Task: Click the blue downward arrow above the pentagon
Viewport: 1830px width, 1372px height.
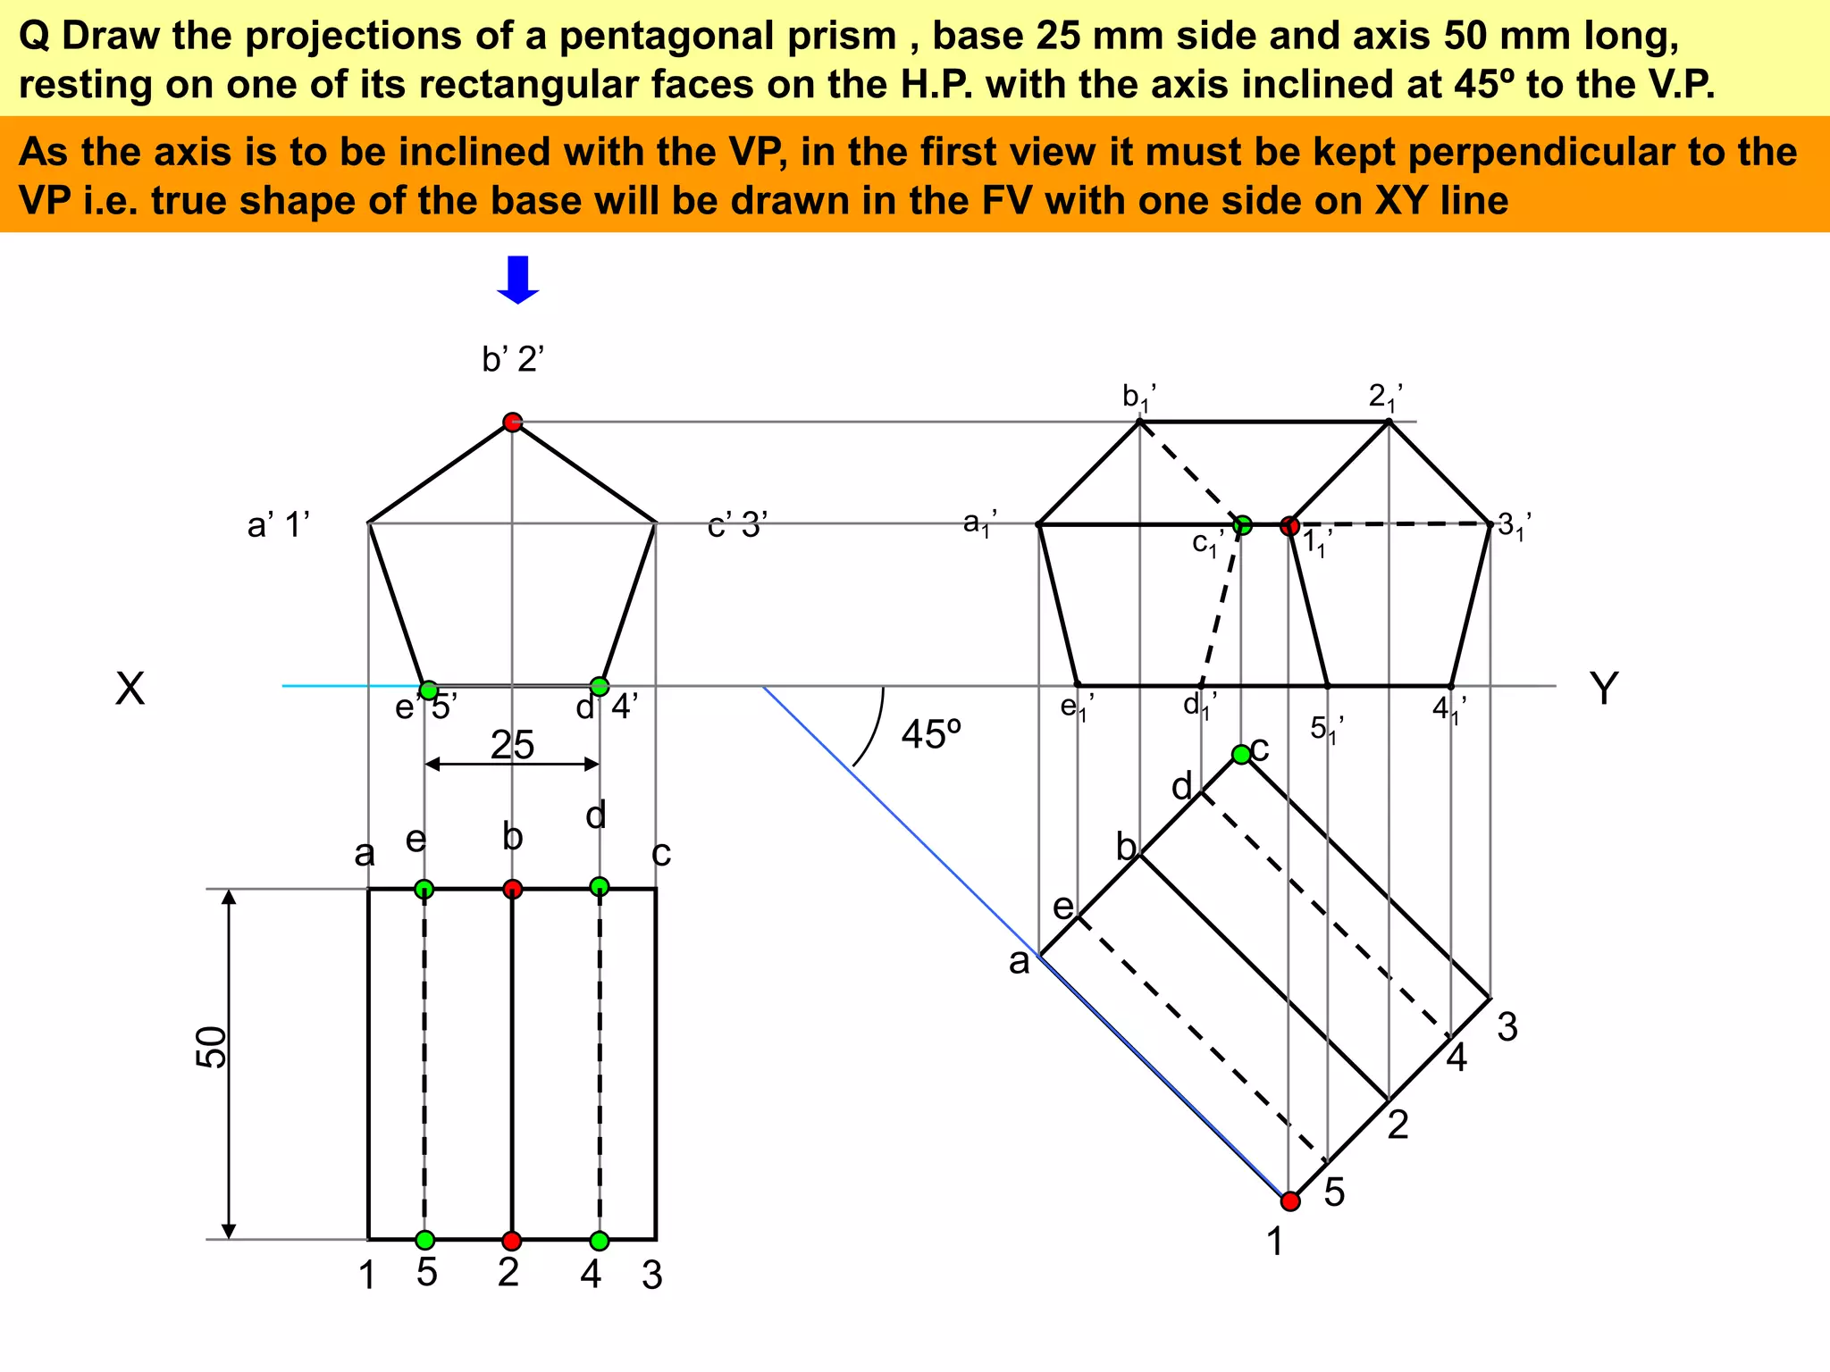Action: (x=517, y=280)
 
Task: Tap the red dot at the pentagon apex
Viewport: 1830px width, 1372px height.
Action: (x=512, y=422)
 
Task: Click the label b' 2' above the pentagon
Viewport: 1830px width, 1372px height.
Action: (x=513, y=359)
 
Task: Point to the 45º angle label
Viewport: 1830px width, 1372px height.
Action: (x=931, y=735)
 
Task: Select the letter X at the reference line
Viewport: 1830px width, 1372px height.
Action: (x=130, y=690)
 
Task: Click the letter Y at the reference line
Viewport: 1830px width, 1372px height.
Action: (x=1604, y=690)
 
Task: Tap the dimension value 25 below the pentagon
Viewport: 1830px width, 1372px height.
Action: (x=512, y=744)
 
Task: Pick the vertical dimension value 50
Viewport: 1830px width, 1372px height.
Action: (x=212, y=1047)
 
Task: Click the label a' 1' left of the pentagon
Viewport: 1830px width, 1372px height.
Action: (x=278, y=525)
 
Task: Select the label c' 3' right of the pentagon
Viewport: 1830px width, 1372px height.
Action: (x=737, y=525)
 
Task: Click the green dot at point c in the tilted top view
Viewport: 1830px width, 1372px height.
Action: (x=1241, y=755)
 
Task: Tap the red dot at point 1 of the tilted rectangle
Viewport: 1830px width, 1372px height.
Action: (x=1289, y=1200)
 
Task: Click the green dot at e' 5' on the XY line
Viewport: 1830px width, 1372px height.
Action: (x=429, y=690)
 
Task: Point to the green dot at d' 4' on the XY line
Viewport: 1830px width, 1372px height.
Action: (x=600, y=686)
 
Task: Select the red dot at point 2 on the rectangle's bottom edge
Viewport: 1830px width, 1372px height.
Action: (x=511, y=1241)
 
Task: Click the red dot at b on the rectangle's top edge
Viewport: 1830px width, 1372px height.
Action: (x=512, y=889)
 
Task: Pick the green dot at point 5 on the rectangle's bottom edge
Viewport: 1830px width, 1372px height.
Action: (x=425, y=1240)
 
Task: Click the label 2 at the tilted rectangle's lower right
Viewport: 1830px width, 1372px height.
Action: (x=1398, y=1125)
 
